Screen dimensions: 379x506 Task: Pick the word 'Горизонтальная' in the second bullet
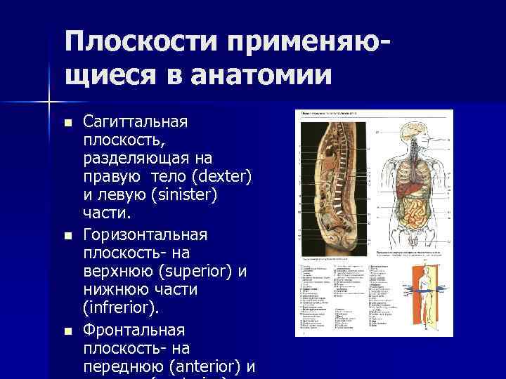tap(143, 233)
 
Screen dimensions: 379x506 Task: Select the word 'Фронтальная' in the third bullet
tap(134, 329)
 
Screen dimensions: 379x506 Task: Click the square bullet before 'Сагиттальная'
tap(67, 123)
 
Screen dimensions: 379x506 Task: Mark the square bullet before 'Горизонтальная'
tap(67, 234)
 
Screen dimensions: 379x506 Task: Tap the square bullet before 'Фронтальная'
tap(67, 330)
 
